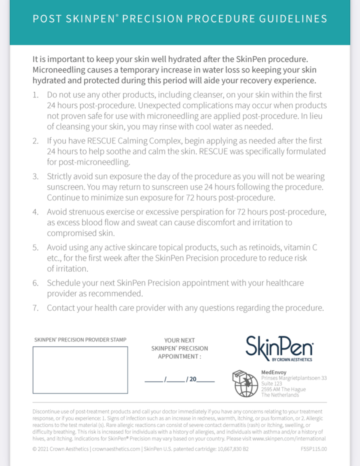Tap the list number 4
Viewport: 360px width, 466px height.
(35, 212)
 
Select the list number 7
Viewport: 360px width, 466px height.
(35, 308)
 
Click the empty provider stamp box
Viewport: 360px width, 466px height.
(80, 370)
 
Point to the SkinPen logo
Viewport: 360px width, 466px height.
(279, 347)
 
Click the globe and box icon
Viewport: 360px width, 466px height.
(245, 383)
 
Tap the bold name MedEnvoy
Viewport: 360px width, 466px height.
(274, 372)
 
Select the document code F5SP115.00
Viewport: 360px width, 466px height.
(313, 449)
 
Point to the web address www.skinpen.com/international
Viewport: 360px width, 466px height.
(289, 438)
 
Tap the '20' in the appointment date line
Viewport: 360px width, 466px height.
(193, 379)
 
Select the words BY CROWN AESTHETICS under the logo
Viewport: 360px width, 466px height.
(292, 359)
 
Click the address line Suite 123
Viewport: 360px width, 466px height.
(271, 383)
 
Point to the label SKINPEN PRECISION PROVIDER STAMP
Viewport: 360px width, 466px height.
(80, 340)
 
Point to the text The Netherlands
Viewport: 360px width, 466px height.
(280, 395)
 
